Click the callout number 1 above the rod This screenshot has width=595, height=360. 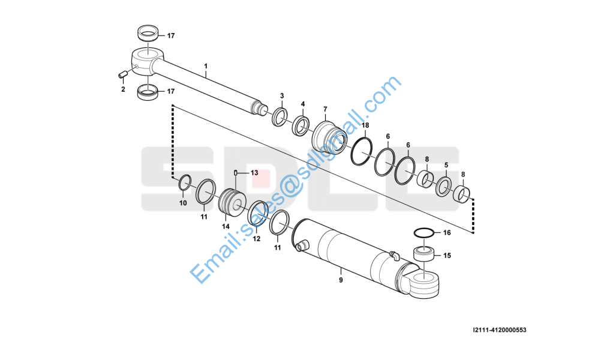(206, 66)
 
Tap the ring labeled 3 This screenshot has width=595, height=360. (280, 117)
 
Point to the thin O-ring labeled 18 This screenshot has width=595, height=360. (361, 152)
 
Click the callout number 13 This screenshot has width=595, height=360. (254, 173)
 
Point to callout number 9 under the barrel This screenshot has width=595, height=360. (341, 280)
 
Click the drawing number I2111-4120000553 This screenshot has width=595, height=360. (500, 330)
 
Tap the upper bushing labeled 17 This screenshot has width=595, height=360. (147, 32)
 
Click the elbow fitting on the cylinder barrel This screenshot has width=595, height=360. (394, 256)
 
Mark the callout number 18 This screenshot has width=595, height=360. (365, 125)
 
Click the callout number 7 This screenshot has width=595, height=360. (325, 109)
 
